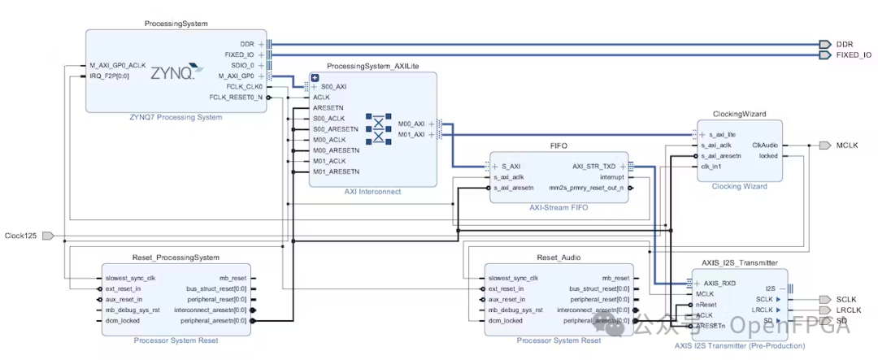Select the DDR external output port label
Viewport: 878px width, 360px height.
point(845,44)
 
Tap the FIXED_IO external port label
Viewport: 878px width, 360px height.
point(854,54)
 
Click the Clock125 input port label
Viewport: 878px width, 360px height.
point(20,236)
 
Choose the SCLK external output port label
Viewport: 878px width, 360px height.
point(846,299)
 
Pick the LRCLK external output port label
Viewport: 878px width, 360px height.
point(849,310)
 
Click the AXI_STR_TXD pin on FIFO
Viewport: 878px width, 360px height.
point(593,166)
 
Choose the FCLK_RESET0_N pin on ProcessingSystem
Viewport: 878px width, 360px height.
point(236,97)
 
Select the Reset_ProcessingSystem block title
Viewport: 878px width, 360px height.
point(176,258)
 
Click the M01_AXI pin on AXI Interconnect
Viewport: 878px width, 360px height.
point(411,134)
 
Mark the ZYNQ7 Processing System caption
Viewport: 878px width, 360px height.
point(176,117)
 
